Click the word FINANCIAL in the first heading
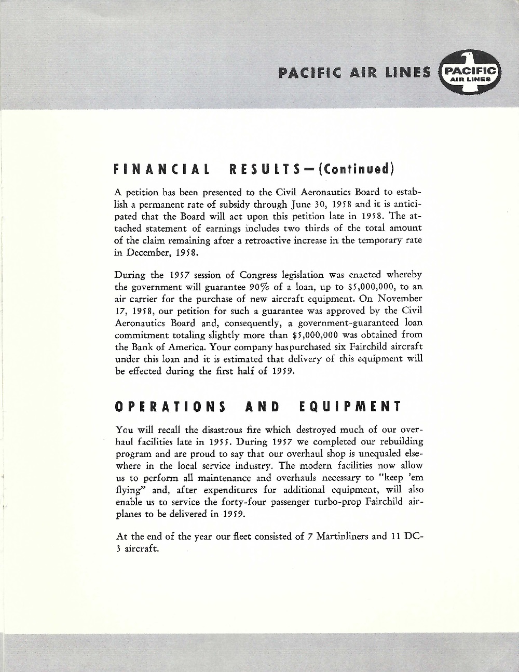(161, 169)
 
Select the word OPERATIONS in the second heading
(169, 406)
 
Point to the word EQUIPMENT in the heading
(350, 406)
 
